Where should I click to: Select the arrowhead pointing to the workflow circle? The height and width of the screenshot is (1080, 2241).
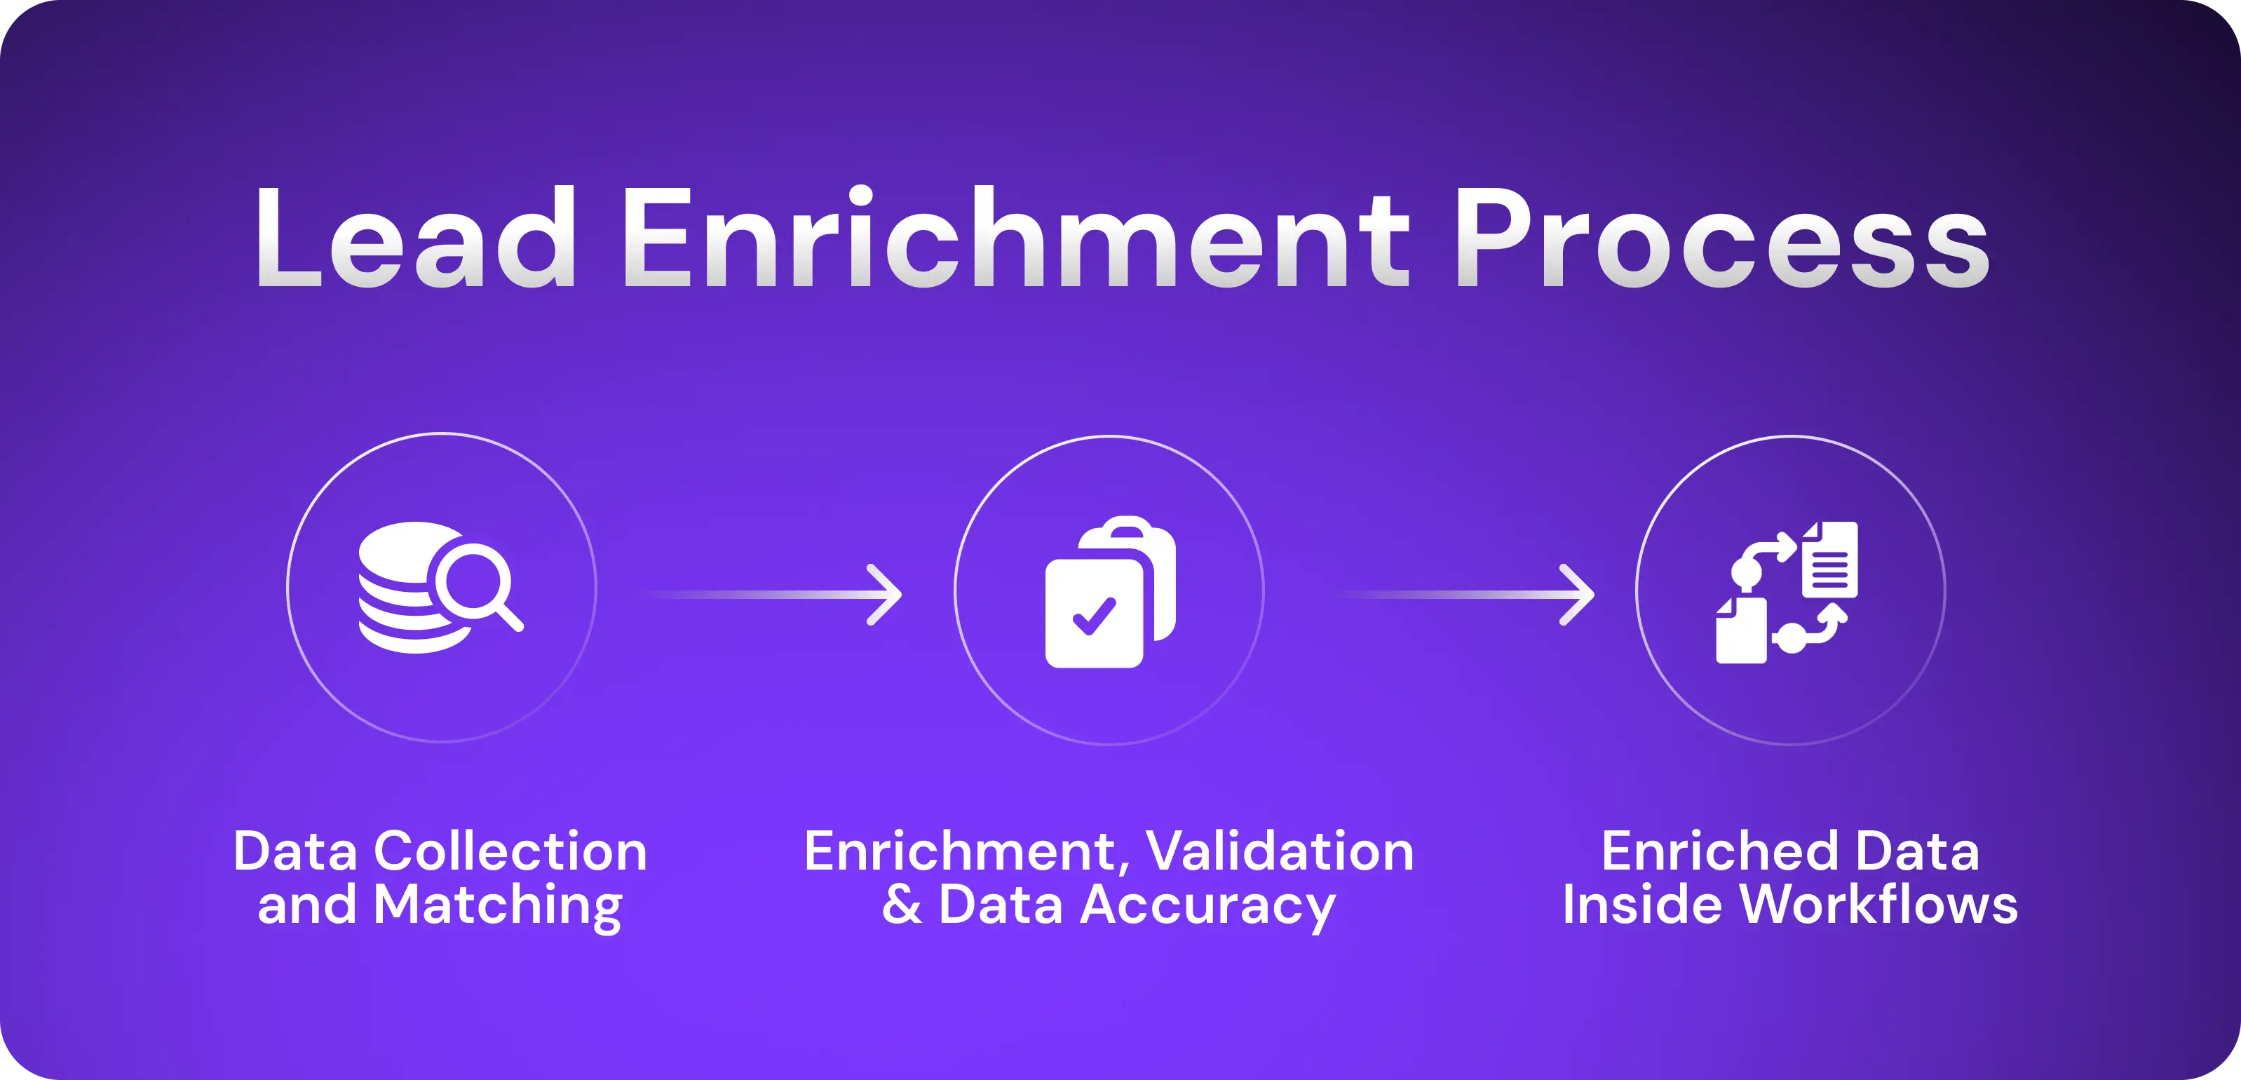[1580, 595]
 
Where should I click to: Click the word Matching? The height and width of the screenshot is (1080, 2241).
[498, 905]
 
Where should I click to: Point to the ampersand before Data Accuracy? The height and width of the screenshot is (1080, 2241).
[901, 905]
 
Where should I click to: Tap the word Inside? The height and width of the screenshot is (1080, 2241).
[1623, 905]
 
